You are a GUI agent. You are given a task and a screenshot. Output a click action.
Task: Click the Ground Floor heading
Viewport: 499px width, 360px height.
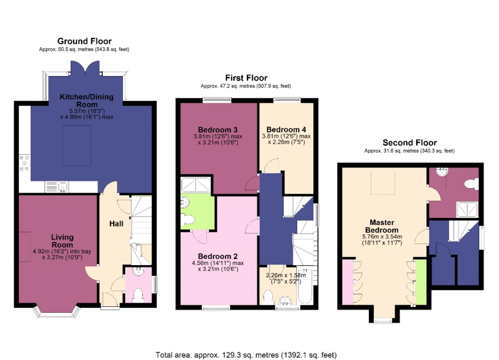click(84, 41)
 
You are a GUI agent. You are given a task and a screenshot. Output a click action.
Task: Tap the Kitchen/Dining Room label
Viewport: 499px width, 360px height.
click(86, 100)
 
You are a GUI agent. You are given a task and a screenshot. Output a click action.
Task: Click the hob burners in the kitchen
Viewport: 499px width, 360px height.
click(24, 163)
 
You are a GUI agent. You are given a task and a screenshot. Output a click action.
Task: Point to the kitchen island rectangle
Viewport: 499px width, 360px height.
click(77, 141)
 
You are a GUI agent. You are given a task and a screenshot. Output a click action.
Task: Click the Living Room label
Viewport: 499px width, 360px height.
click(62, 241)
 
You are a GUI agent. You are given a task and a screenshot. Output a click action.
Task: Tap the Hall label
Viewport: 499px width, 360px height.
click(115, 224)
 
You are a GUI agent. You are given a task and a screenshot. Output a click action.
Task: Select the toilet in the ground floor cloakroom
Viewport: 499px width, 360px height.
click(138, 295)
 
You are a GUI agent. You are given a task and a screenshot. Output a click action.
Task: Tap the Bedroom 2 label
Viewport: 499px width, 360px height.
click(218, 256)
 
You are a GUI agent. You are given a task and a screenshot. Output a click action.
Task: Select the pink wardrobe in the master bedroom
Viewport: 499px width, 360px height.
click(347, 283)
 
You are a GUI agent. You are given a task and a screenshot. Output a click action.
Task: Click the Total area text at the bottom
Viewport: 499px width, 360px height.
click(246, 355)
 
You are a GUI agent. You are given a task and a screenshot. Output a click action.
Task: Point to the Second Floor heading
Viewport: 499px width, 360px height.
click(409, 143)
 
